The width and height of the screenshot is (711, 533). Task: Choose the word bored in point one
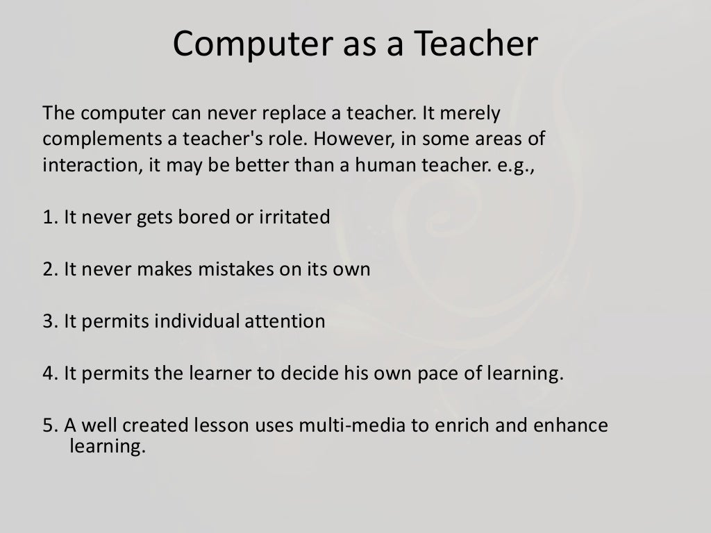pos(199,217)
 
